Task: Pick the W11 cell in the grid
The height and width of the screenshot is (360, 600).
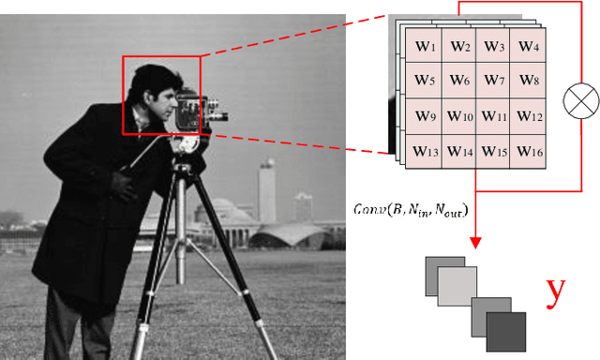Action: click(494, 117)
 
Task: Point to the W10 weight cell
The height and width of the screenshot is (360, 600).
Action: click(460, 117)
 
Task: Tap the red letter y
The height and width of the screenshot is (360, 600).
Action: click(557, 292)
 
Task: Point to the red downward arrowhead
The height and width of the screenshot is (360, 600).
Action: click(475, 243)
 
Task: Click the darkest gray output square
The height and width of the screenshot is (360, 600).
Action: click(505, 332)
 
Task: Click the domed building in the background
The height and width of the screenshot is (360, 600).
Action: click(225, 210)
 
